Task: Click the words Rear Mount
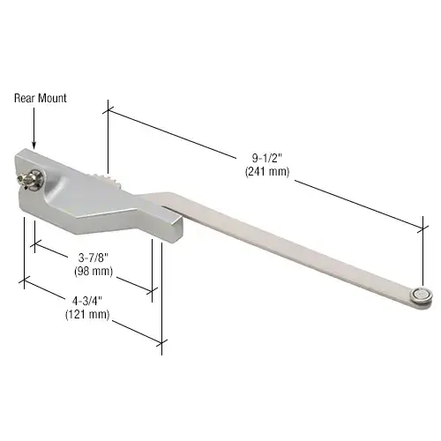point(40,98)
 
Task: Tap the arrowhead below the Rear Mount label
point(33,145)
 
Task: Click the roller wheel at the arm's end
point(425,296)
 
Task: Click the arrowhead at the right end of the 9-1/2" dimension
point(421,229)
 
